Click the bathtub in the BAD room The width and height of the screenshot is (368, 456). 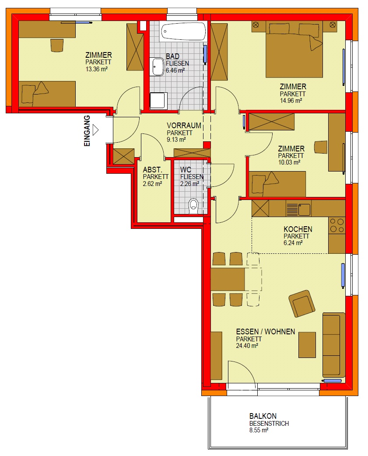(x=183, y=31)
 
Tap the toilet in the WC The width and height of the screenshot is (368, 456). (x=193, y=206)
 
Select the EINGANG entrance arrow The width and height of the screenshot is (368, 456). (x=95, y=130)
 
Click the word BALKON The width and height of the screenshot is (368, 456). (x=263, y=416)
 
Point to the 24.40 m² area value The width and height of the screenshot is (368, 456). (x=247, y=346)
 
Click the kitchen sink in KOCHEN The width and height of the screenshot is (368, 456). (x=298, y=209)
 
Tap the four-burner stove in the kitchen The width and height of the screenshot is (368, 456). (x=337, y=225)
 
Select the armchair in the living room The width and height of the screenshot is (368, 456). (x=302, y=303)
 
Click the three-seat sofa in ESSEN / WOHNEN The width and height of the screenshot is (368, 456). (x=334, y=345)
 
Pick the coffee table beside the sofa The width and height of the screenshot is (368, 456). (x=307, y=345)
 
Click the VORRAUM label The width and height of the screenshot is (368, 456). (x=184, y=126)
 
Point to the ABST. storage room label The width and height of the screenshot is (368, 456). (x=152, y=169)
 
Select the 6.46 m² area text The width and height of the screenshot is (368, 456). (x=175, y=70)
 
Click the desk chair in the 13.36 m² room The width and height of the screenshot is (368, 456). (x=57, y=45)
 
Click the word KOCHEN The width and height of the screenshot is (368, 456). (x=298, y=229)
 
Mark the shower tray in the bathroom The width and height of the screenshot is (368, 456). (x=158, y=101)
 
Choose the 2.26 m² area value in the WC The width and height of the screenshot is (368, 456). (x=189, y=184)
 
